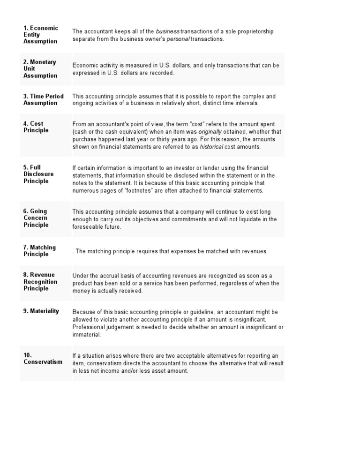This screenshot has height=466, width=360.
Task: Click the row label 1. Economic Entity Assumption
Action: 41,35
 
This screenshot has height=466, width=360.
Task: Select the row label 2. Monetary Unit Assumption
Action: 40,69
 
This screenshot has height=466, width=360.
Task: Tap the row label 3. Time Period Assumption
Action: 43,99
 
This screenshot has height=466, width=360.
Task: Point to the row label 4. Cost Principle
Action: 36,127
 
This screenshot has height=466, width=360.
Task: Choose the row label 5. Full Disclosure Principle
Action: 38,174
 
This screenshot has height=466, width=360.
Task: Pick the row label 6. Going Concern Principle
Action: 36,218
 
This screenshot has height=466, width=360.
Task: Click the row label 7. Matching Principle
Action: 39,251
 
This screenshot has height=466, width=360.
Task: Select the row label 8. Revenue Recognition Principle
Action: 40,282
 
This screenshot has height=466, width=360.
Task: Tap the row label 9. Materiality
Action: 41,311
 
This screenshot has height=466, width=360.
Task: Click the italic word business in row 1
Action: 167,31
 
